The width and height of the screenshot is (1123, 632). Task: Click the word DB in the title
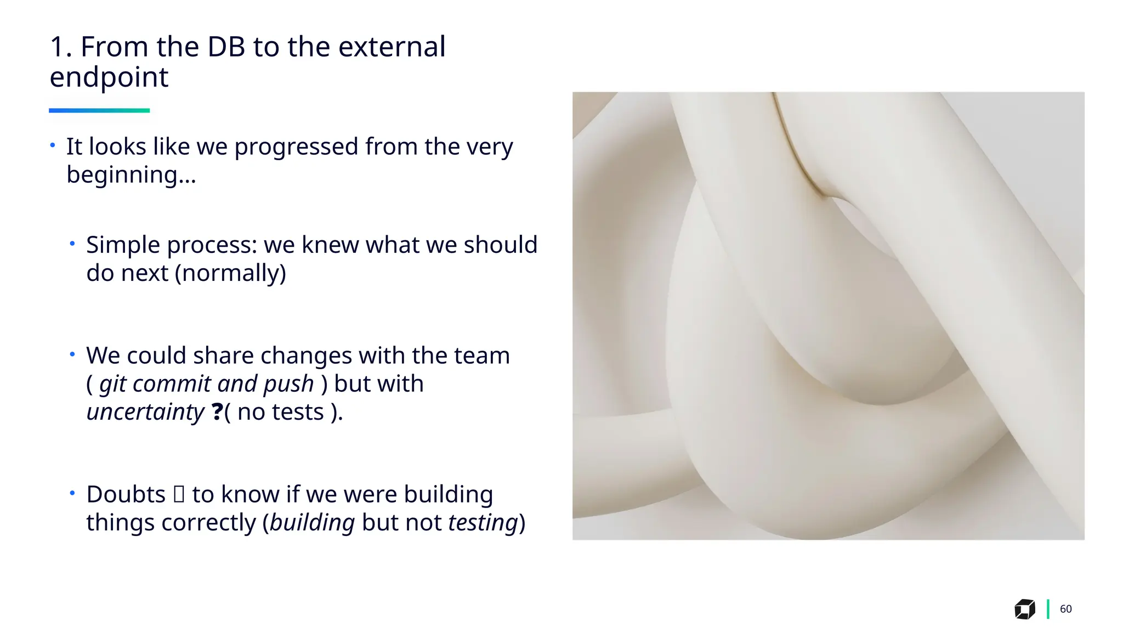(226, 47)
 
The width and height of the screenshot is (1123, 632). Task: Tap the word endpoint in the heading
(109, 77)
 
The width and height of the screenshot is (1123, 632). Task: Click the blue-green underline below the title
(99, 110)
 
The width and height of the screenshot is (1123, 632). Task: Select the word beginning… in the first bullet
(131, 176)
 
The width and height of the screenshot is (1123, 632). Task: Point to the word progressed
(296, 147)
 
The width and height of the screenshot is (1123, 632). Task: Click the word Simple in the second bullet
(123, 245)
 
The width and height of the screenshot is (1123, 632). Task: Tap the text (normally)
(230, 273)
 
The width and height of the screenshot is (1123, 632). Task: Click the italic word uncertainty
(145, 412)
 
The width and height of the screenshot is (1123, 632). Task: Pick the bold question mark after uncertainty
(217, 411)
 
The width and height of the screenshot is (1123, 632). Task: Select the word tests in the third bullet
(303, 412)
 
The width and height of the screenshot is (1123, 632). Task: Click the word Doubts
(126, 495)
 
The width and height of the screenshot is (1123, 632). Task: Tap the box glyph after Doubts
(179, 494)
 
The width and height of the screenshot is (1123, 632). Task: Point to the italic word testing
(483, 523)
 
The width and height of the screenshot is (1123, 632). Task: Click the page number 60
(1065, 609)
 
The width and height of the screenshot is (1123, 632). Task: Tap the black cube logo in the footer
(1024, 609)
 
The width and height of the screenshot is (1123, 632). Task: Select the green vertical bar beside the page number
(1048, 609)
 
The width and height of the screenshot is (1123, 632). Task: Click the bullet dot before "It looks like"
(53, 145)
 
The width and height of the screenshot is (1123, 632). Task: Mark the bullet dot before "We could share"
(72, 354)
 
